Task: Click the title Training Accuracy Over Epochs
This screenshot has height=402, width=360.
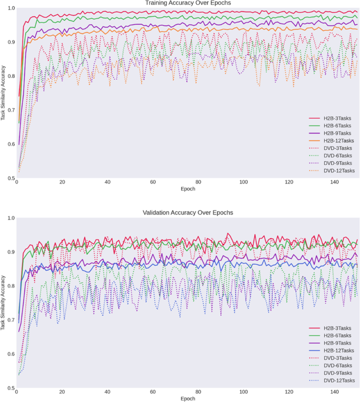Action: coord(188,3)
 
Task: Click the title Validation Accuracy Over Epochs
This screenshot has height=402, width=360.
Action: coord(188,213)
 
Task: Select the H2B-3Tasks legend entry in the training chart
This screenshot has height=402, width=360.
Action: coord(338,119)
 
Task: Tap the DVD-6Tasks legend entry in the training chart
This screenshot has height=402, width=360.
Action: coord(338,156)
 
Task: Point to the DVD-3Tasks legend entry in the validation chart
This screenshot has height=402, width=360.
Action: coord(338,358)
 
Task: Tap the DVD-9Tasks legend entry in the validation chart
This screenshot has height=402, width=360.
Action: coord(338,373)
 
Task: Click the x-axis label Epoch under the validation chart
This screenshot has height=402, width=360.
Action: coord(188,399)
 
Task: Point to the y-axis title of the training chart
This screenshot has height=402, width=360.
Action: coord(4,93)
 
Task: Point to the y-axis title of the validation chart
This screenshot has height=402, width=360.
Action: coord(4,303)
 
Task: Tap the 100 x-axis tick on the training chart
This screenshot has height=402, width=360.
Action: coord(243,182)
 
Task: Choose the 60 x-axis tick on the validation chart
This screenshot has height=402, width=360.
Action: coord(153,392)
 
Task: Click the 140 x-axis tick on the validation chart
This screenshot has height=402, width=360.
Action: coord(334,392)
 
